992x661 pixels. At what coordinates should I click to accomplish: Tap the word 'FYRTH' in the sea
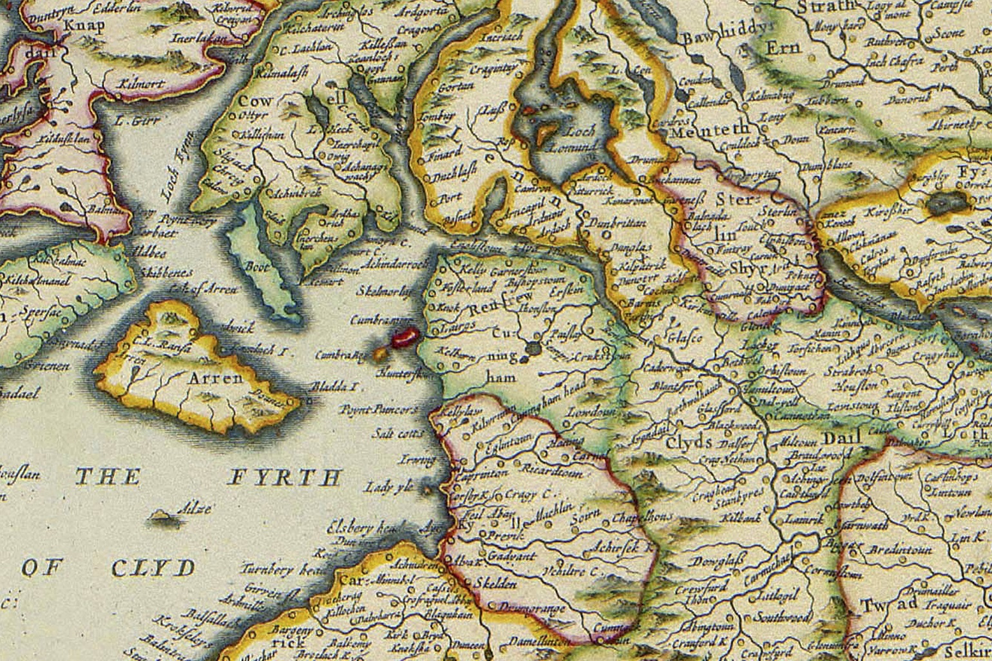[284, 477]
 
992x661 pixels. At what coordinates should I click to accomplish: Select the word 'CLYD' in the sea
[153, 568]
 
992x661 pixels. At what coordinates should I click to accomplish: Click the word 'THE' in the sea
[108, 477]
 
